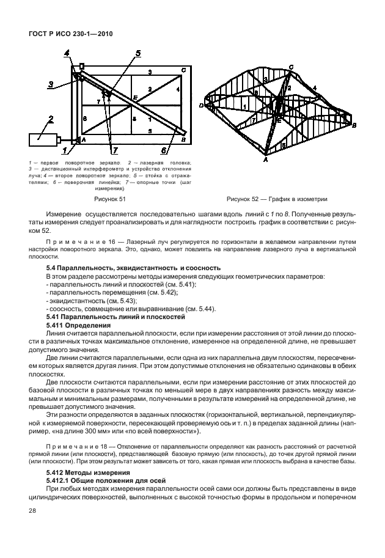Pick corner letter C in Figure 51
[x=183, y=70]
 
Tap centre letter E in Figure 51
[x=135, y=97]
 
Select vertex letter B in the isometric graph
[x=354, y=125]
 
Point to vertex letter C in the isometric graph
[x=291, y=67]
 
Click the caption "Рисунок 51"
[x=109, y=199]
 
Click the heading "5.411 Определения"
[x=77, y=326]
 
